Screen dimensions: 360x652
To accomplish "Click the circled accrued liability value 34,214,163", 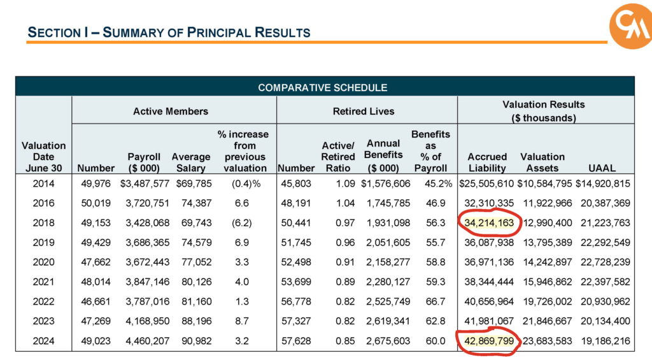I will point(488,224).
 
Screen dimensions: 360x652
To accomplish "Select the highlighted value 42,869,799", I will point(488,342).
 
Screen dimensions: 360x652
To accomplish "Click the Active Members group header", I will point(171,111).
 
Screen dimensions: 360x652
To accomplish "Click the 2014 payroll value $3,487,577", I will point(146,185).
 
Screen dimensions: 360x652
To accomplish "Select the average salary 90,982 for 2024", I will point(192,342).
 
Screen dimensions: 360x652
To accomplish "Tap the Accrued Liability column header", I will point(487,162).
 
